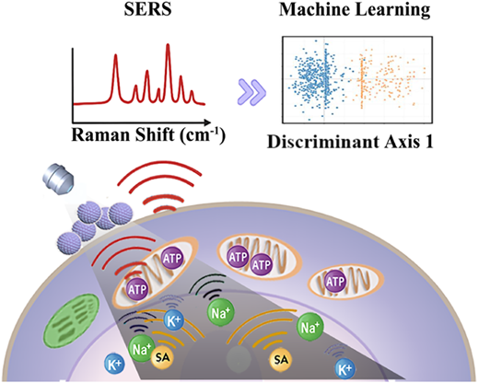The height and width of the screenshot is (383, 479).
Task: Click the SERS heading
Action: point(147,9)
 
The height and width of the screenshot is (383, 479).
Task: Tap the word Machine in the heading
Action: point(314,9)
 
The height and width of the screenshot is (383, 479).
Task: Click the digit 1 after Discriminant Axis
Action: point(428,142)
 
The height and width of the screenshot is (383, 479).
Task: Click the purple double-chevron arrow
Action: point(252,92)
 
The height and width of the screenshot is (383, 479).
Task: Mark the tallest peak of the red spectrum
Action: point(168,45)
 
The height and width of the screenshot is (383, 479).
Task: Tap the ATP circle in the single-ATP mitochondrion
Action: point(335,282)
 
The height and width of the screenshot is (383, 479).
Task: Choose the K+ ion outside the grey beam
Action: point(114,365)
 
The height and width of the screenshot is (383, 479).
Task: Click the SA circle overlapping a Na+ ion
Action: point(162,358)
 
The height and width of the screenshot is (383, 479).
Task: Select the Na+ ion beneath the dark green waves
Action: point(221,313)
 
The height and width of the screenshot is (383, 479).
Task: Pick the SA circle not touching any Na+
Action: point(281,359)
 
